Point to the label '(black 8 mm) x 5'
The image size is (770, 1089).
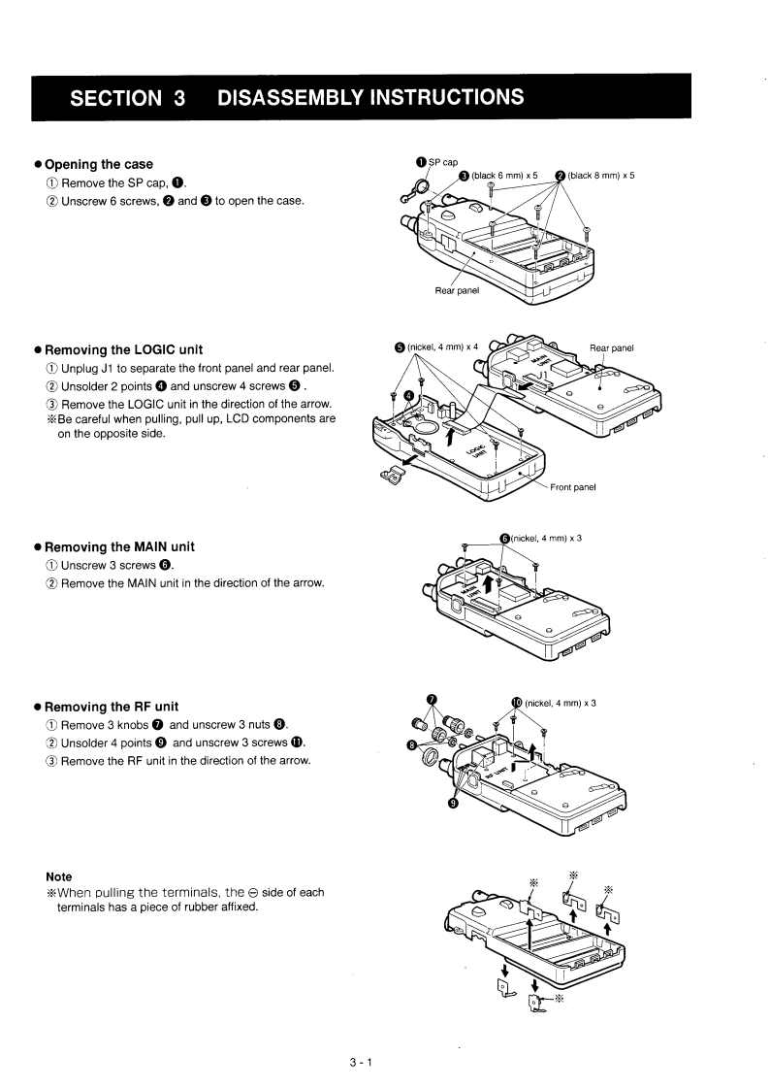pyautogui.click(x=600, y=176)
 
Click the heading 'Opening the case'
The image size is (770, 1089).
pyautogui.click(x=99, y=164)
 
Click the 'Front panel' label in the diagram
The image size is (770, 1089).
pyautogui.click(x=572, y=487)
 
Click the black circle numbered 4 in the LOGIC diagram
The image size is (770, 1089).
pyautogui.click(x=408, y=396)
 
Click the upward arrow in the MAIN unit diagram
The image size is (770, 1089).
pyautogui.click(x=501, y=580)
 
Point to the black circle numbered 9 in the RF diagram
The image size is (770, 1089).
pyautogui.click(x=453, y=802)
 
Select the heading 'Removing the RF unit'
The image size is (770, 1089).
pyautogui.click(x=112, y=707)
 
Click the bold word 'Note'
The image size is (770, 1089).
pyautogui.click(x=59, y=876)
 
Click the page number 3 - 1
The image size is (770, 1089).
pyautogui.click(x=361, y=1062)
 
